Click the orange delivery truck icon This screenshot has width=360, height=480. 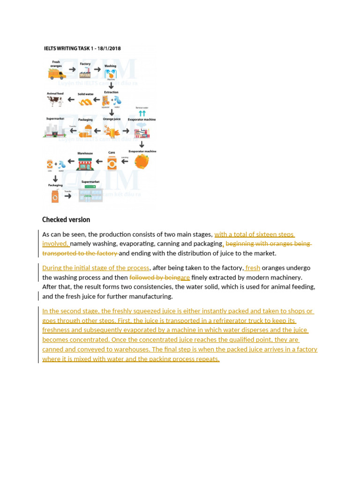click(x=56, y=73)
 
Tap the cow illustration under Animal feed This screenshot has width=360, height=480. click(x=55, y=101)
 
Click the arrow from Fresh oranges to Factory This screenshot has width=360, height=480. click(x=72, y=69)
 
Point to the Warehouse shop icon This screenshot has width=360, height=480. click(x=85, y=163)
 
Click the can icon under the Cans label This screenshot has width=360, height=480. click(x=112, y=163)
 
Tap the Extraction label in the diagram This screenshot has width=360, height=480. click(x=111, y=92)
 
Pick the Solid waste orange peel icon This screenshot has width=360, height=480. click(x=85, y=101)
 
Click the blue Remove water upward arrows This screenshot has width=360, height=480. click(x=142, y=113)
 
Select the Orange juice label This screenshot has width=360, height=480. click(x=112, y=119)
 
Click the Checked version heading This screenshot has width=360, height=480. click(x=66, y=220)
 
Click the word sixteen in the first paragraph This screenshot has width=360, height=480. click(x=266, y=234)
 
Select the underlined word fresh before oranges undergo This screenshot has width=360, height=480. click(x=253, y=268)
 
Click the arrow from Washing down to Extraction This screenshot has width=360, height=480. click(x=111, y=85)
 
